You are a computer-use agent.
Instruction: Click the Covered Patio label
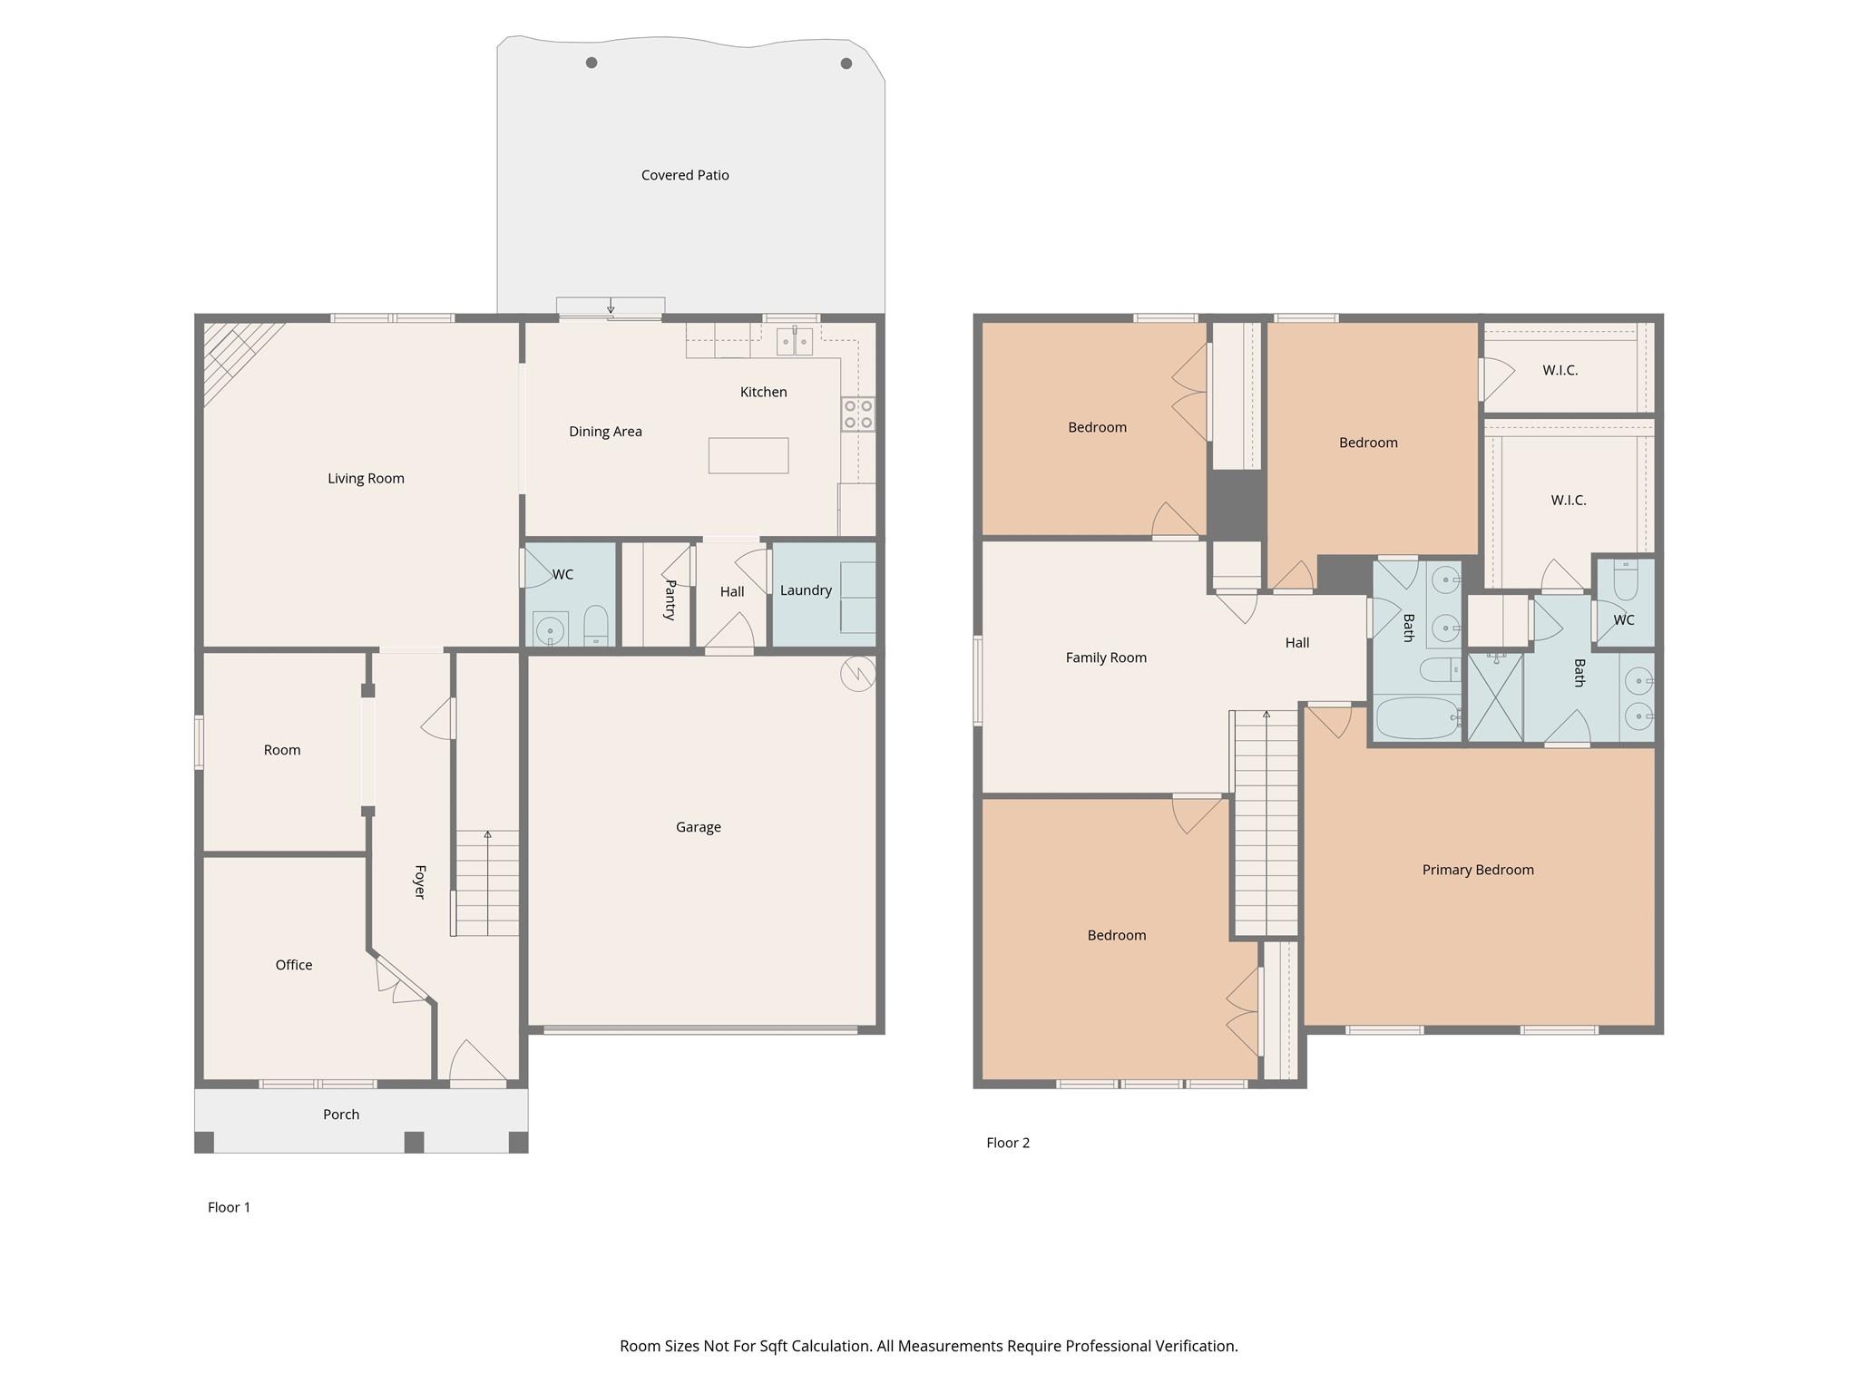[x=685, y=175]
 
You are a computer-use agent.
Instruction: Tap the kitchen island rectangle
[x=748, y=455]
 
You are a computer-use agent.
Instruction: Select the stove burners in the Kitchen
[x=857, y=414]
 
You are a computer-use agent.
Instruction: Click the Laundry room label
[x=806, y=590]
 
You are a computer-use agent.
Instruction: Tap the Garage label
[x=698, y=827]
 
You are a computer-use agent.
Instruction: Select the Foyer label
[x=419, y=882]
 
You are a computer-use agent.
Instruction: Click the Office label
[x=294, y=965]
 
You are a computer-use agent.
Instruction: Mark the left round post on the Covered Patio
[x=592, y=63]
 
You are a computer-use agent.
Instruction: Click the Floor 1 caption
[x=229, y=1207]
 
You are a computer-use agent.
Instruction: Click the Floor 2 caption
[x=1008, y=1143]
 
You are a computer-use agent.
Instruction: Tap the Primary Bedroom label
[x=1478, y=870]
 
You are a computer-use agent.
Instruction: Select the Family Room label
[x=1106, y=658]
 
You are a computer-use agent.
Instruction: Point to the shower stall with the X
[x=1495, y=697]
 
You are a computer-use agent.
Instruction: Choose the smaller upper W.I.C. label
[x=1560, y=370]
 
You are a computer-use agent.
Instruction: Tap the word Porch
[x=341, y=1115]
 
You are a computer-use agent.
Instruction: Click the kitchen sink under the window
[x=795, y=342]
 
